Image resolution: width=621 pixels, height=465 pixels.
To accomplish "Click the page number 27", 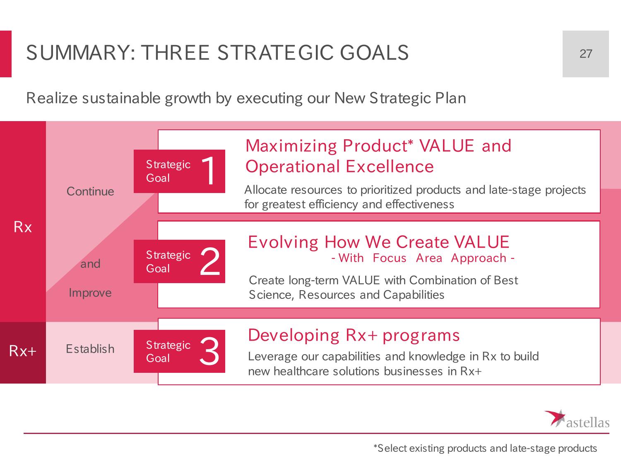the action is (586, 54).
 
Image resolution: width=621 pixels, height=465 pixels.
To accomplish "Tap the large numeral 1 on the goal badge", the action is (209, 171).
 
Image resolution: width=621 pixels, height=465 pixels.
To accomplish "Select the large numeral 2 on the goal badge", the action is (210, 261).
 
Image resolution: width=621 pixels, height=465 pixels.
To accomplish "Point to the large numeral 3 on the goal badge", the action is (209, 351).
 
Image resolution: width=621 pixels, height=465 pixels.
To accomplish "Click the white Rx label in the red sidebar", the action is (23, 227).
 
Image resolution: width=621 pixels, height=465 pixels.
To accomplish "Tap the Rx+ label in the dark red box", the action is (23, 351).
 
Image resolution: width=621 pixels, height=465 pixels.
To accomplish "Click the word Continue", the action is (90, 191).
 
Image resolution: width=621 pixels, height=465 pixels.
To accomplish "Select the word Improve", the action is (90, 293).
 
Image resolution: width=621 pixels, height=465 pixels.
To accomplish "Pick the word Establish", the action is (90, 349).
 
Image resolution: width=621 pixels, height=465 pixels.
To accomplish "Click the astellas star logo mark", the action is (554, 418).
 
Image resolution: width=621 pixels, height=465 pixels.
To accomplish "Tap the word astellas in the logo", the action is (588, 423).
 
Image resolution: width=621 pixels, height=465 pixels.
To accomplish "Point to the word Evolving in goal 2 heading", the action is (283, 243).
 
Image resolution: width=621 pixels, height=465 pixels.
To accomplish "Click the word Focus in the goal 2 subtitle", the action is (389, 258).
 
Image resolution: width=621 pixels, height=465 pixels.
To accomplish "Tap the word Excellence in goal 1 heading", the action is (390, 166).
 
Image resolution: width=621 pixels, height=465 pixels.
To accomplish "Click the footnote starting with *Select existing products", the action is (485, 448).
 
